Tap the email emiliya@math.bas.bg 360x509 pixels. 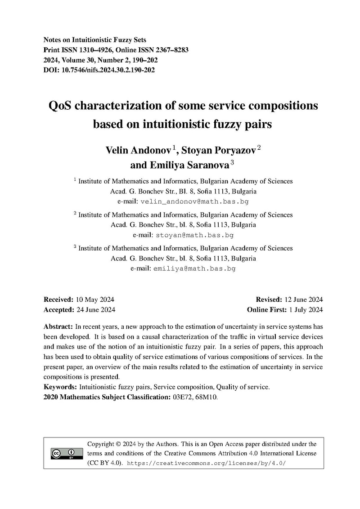pos(194,268)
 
